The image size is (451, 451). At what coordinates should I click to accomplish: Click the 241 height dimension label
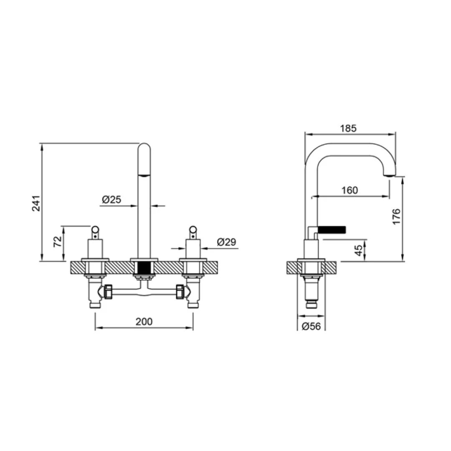[x=36, y=203]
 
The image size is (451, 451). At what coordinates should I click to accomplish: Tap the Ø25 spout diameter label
[x=111, y=199]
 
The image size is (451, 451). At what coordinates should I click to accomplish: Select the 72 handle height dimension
[x=58, y=241]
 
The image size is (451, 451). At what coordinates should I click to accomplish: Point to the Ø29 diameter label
[x=227, y=242]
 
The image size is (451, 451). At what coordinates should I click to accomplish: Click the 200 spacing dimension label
[x=144, y=322]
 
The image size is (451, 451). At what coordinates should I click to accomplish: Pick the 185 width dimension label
[x=348, y=128]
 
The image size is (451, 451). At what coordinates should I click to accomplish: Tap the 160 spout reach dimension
[x=350, y=190]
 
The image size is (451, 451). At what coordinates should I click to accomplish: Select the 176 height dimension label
[x=396, y=217]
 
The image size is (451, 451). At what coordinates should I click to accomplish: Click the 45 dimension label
[x=359, y=250]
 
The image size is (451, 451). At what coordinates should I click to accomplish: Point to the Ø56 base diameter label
[x=311, y=326]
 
